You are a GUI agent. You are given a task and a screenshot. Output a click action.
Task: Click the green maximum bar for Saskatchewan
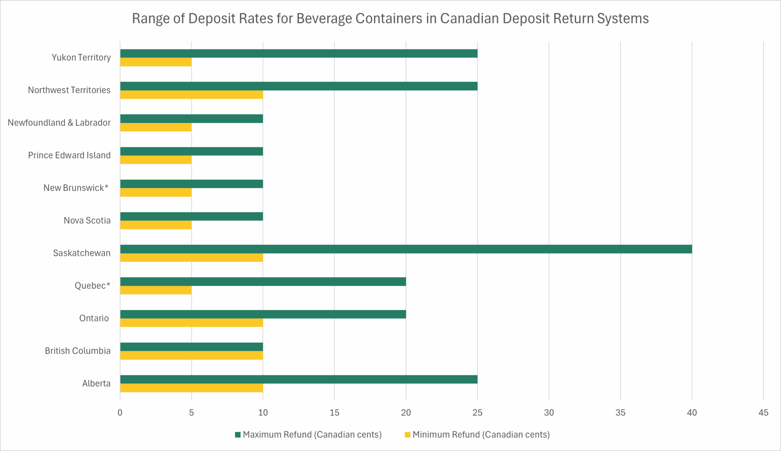click(x=406, y=249)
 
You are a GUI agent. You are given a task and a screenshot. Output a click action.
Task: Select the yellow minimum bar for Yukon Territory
click(x=156, y=62)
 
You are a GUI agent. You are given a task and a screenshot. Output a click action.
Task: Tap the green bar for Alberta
click(x=299, y=379)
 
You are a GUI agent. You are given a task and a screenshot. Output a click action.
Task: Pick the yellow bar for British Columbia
click(x=191, y=355)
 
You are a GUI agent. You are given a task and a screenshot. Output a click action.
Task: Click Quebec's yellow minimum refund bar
click(x=156, y=290)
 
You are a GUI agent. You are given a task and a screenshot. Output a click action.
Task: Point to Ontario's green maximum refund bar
click(x=263, y=314)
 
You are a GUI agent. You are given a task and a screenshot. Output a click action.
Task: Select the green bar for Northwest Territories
click(x=299, y=86)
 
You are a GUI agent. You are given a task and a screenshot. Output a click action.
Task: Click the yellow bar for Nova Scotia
click(x=156, y=225)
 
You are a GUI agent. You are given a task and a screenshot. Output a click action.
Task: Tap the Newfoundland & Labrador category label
click(x=59, y=122)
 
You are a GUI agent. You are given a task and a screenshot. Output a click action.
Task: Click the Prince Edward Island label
click(x=69, y=155)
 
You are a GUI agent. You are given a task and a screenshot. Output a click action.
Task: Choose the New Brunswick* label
click(x=76, y=188)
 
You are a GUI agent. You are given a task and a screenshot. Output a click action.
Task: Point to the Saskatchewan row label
click(x=82, y=253)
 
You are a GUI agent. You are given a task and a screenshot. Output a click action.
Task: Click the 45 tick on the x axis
click(x=763, y=412)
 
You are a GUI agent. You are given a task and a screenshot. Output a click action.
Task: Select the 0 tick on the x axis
click(x=120, y=412)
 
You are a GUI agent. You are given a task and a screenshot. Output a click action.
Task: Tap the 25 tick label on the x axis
click(x=477, y=412)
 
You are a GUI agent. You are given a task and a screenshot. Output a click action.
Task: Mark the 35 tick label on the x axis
click(x=620, y=412)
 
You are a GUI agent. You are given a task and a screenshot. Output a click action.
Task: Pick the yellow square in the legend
click(x=407, y=435)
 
